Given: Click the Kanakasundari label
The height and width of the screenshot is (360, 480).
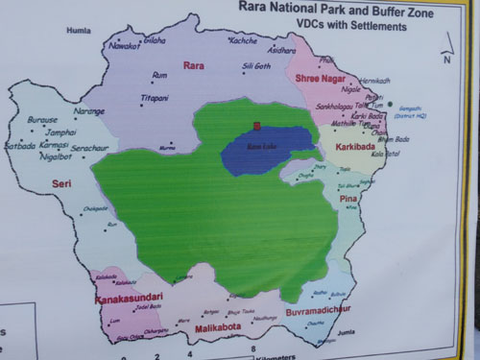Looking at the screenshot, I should click(128, 298).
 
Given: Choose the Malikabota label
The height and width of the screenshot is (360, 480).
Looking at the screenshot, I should click(221, 326).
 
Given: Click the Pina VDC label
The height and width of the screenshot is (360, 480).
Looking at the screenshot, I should click(348, 198).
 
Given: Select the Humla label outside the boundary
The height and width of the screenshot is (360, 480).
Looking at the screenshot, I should click(78, 31).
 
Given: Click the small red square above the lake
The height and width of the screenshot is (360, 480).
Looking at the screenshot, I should click(256, 125).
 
